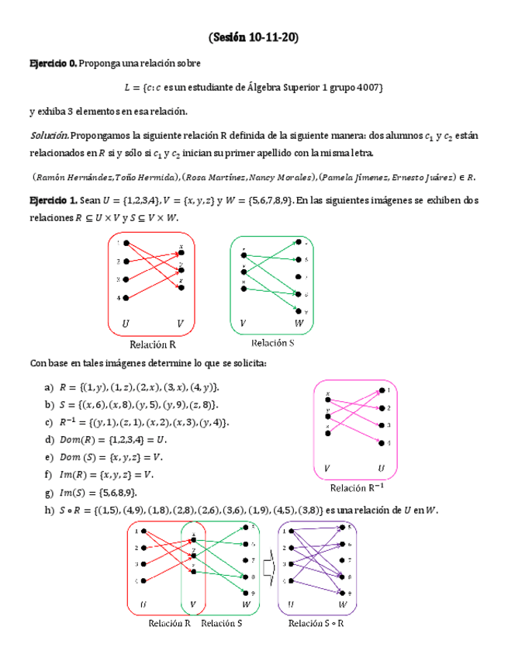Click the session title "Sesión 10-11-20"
pos(254,37)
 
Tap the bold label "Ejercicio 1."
pos(53,201)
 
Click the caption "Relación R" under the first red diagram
pos(153,345)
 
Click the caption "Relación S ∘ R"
pos(316,623)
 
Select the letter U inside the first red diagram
pos(126,321)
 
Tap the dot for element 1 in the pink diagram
pos(379,391)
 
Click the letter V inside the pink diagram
pos(327,468)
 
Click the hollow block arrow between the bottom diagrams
pos(268,571)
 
